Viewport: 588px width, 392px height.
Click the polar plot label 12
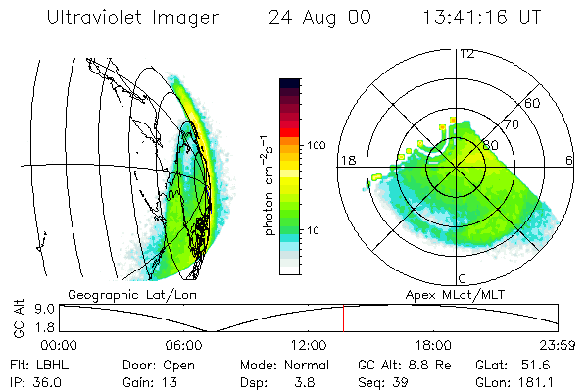(466, 54)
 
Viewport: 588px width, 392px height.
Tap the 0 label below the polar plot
(463, 278)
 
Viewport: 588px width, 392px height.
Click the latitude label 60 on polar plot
(533, 103)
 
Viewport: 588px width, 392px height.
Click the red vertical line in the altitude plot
(344, 318)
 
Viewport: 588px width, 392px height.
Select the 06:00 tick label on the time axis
(184, 345)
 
